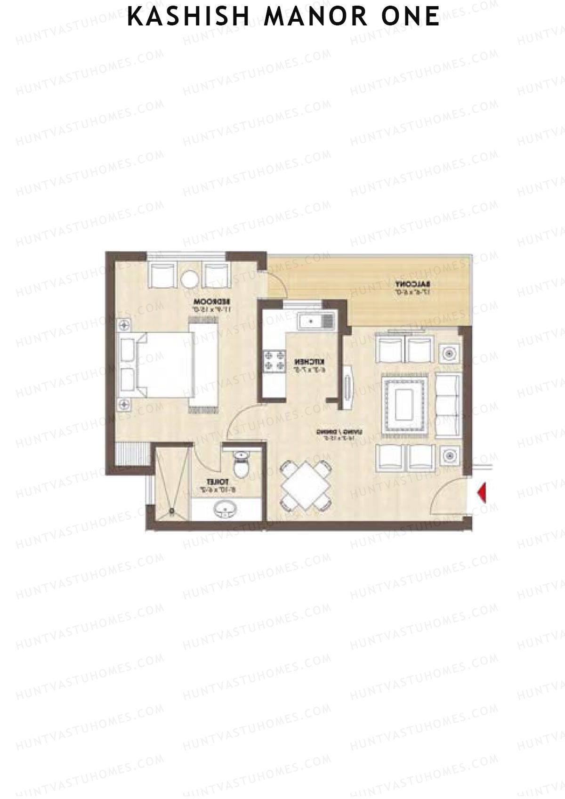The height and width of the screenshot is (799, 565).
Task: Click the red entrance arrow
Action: pyautogui.click(x=481, y=492)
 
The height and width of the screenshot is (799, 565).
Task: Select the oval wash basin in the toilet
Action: pyautogui.click(x=225, y=509)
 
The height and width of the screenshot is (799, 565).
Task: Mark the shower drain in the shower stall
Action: pyautogui.click(x=173, y=509)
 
